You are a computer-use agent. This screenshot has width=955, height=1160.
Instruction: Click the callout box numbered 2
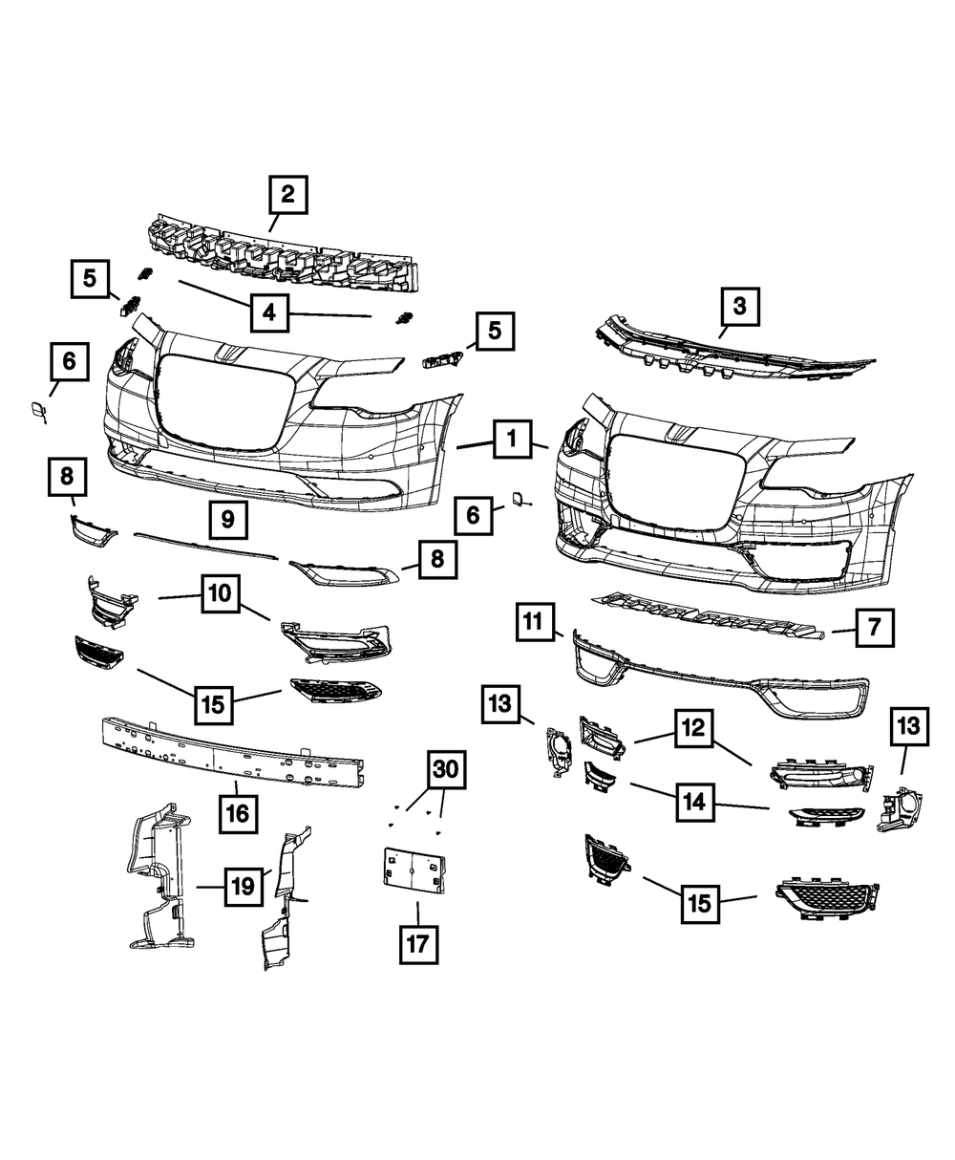pos(287,196)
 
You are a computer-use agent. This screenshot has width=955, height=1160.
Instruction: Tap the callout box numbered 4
pos(270,312)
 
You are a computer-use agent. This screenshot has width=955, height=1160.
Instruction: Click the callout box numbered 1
pos(512,440)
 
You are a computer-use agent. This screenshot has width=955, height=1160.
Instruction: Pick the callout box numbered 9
pos(227,520)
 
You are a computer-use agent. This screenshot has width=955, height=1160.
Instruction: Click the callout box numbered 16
pos(237,813)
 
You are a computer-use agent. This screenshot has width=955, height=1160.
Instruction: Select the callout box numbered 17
pos(416,945)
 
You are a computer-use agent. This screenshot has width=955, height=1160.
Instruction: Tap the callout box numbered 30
pos(445,769)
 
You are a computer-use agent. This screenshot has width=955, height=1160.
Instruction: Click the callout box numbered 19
pos(244,887)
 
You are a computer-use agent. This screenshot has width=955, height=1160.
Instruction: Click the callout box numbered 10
pos(220,593)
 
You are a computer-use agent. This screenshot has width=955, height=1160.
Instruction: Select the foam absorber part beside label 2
pos(286,250)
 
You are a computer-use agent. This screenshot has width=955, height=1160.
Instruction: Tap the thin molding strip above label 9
pos(205,546)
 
